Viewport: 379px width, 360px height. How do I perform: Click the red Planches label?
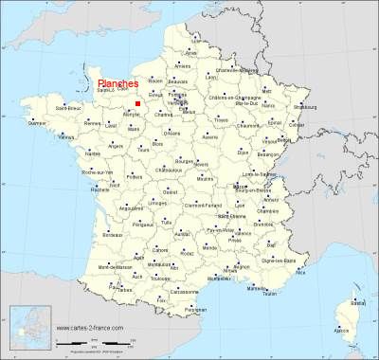click(x=118, y=83)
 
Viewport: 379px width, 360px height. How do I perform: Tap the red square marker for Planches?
click(x=137, y=103)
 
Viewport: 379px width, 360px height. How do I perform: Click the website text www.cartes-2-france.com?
click(x=94, y=330)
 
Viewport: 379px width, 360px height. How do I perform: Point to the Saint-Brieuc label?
click(x=66, y=108)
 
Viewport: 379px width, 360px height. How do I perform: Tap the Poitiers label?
click(x=136, y=176)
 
